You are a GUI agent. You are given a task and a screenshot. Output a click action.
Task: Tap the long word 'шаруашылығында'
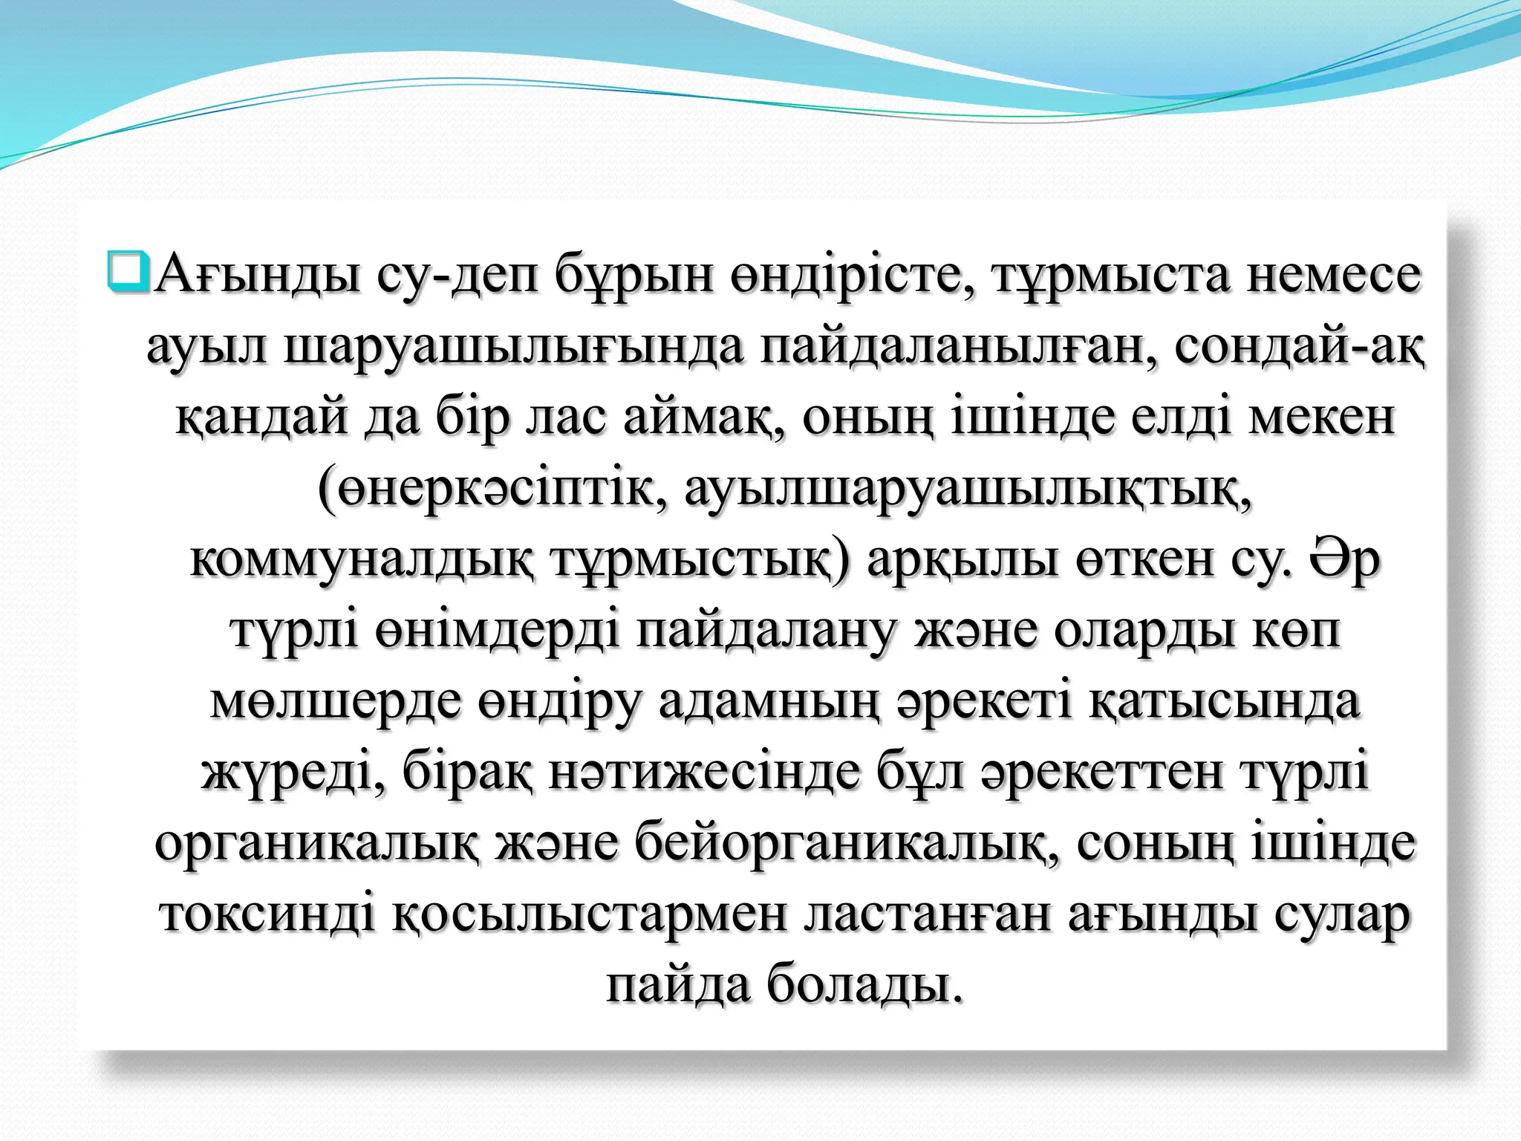coord(514,348)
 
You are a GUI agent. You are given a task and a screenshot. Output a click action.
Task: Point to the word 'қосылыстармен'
coord(590,917)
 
